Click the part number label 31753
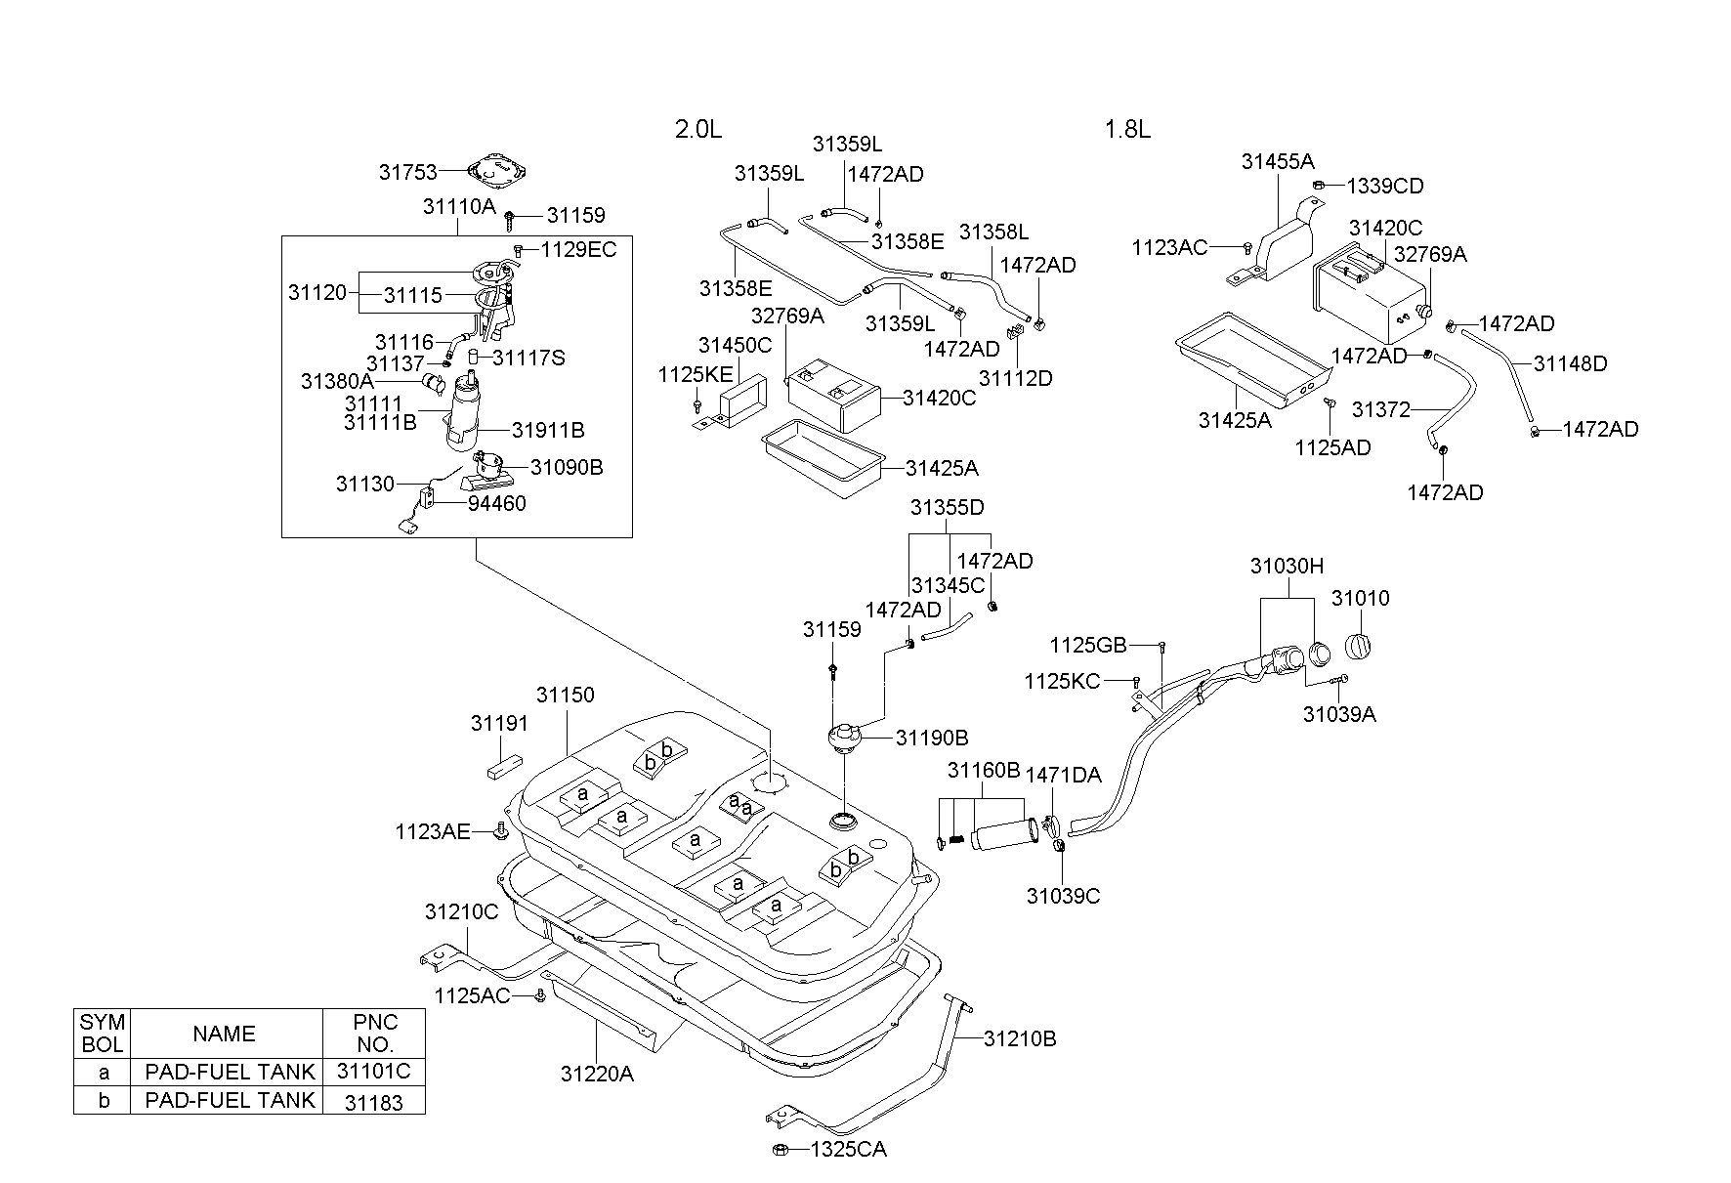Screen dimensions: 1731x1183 407,172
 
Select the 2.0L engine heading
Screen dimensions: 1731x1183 698,129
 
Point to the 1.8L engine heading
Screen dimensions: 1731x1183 1127,129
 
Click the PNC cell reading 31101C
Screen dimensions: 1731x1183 374,1071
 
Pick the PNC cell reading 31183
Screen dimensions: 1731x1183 374,1101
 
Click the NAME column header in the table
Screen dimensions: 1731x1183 224,1034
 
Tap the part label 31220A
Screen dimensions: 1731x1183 597,1074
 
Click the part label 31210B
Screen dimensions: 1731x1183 1020,1038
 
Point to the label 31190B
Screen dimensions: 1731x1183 932,738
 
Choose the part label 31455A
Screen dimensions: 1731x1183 1278,161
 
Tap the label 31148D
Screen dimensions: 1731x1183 1570,363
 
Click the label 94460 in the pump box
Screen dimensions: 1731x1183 497,503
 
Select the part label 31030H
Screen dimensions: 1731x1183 1287,566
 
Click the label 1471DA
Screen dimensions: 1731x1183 1063,775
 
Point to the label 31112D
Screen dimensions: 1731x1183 1016,378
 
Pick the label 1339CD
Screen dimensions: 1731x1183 1385,186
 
